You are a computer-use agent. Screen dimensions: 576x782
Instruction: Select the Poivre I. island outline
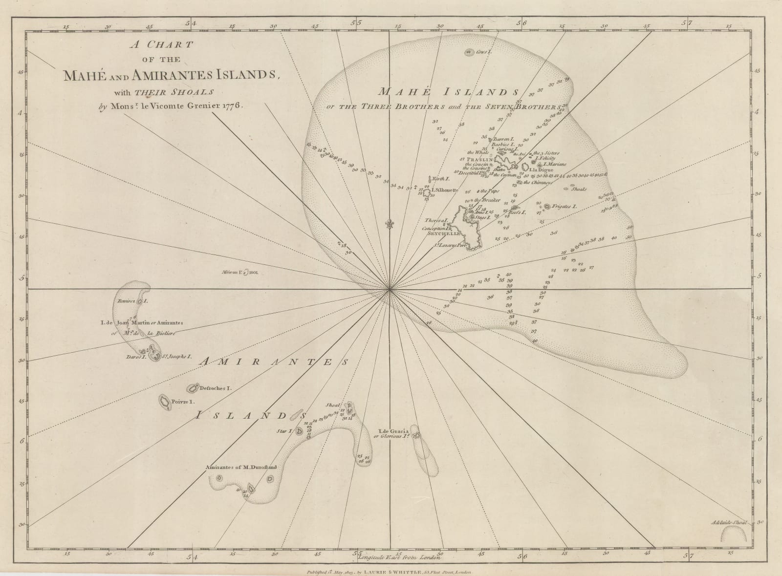164,402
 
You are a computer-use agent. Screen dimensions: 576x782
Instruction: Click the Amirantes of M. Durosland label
241,467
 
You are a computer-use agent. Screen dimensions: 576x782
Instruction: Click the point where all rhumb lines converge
390,289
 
